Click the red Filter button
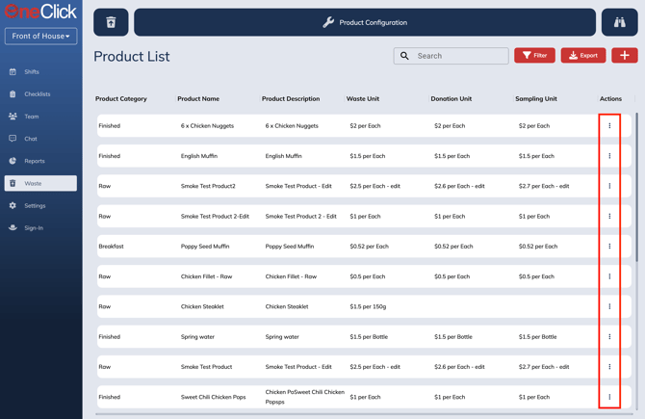pos(534,56)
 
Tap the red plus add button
pos(624,56)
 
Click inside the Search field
pos(457,56)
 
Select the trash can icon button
pos(111,22)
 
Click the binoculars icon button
pos(619,22)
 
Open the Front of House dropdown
pos(40,37)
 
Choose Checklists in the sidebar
pos(38,94)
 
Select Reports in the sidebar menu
pos(35,161)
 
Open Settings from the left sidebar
pos(35,205)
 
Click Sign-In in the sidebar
pos(34,228)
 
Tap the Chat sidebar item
pos(31,139)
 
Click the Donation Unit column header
pos(451,98)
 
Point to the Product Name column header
pos(198,98)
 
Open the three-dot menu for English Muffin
pos(609,156)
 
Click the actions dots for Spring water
pos(609,337)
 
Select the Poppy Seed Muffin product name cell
pos(205,247)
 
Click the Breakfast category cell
pos(111,247)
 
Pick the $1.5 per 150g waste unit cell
pos(368,306)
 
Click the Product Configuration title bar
pos(365,22)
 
